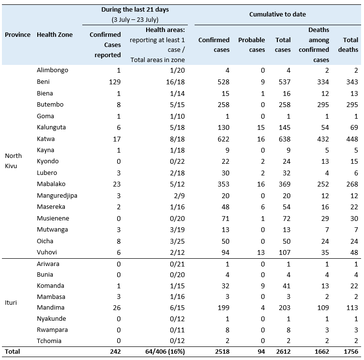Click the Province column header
click(17, 35)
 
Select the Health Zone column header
click(55, 35)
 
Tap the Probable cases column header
click(251, 45)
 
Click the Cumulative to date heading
click(277, 15)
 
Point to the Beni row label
click(43, 82)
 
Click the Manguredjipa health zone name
click(57, 195)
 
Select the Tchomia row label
click(49, 341)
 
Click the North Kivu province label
click(13, 161)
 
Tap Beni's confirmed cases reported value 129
click(114, 82)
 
